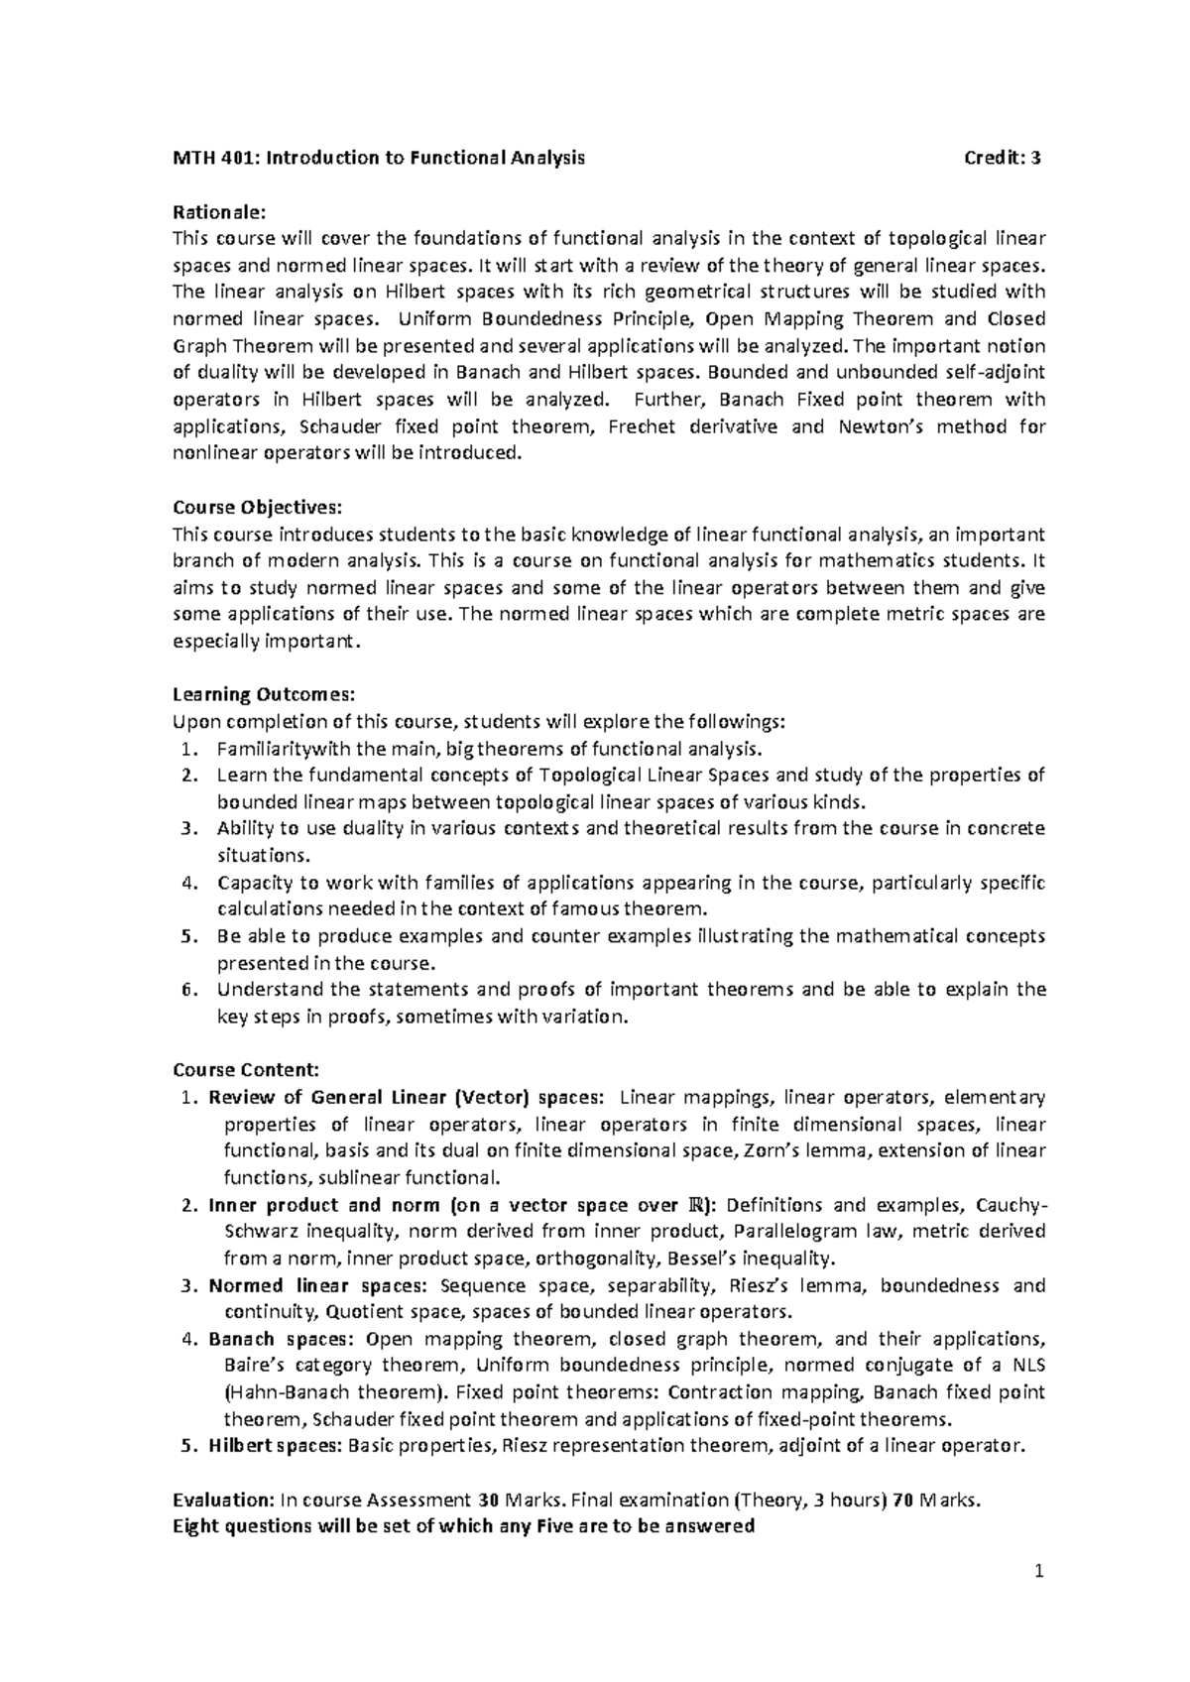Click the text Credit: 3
[1003, 158]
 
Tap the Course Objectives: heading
[257, 507]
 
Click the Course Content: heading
[246, 1070]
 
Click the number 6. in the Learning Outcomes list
[190, 989]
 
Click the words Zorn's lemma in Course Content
[804, 1150]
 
